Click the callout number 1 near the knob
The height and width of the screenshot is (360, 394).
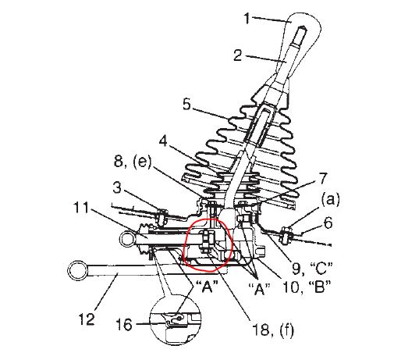coord(247,19)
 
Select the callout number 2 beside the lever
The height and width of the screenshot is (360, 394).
coord(237,55)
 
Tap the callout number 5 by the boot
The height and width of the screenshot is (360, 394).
coord(186,104)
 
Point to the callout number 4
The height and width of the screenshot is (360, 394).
coord(163,141)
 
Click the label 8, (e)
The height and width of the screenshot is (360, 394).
coord(133,162)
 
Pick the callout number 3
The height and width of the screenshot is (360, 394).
coord(117,187)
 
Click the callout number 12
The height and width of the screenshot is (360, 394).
coord(87,319)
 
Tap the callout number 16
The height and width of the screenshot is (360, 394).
coord(124,325)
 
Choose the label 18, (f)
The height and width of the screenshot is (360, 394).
coord(273,330)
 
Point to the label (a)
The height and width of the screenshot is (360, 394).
coord(331,200)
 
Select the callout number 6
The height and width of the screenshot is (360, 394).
coord(328,223)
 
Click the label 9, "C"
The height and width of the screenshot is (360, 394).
coord(312,268)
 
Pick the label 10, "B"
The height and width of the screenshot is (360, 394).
coord(307,287)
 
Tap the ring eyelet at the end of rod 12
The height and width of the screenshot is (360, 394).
coord(77,271)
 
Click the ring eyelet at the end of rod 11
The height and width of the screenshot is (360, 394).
coord(126,239)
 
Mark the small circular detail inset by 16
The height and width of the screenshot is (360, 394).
coord(176,319)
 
